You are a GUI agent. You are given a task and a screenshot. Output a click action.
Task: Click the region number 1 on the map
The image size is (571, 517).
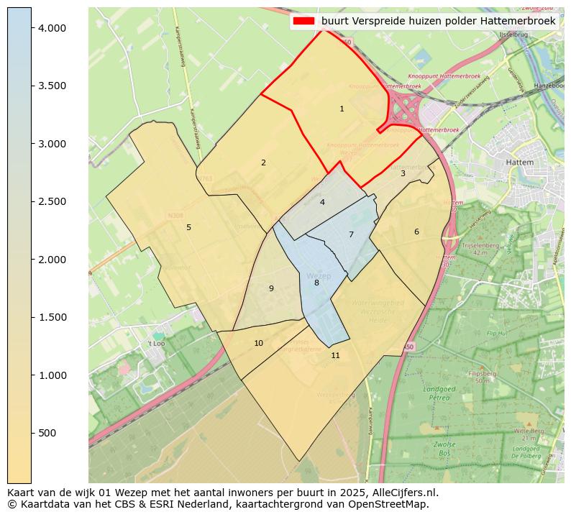(342, 109)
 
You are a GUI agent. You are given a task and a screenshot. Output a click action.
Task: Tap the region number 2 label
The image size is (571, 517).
(263, 163)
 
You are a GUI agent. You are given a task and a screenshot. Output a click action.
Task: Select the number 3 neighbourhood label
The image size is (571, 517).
(403, 173)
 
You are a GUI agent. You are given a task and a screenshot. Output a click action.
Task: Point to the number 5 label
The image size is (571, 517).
(188, 228)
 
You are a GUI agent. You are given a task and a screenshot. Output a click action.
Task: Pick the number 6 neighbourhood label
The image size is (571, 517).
(416, 232)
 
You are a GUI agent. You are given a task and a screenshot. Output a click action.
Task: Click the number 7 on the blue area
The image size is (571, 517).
(351, 234)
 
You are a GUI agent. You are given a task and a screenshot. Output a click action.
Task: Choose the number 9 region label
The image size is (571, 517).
(271, 289)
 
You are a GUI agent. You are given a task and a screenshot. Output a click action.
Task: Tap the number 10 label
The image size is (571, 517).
(258, 344)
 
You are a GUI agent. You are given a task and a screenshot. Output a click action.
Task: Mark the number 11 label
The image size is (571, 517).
(335, 356)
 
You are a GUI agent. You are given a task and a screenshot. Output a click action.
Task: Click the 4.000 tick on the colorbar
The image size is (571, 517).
(52, 28)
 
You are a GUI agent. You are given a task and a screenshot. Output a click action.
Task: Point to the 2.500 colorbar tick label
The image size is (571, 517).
(52, 201)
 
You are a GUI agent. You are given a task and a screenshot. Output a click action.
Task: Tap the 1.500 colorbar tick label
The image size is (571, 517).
(52, 317)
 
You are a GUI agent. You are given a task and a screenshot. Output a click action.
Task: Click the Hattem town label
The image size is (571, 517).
(520, 163)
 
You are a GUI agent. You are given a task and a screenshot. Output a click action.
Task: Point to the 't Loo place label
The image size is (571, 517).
(156, 344)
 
